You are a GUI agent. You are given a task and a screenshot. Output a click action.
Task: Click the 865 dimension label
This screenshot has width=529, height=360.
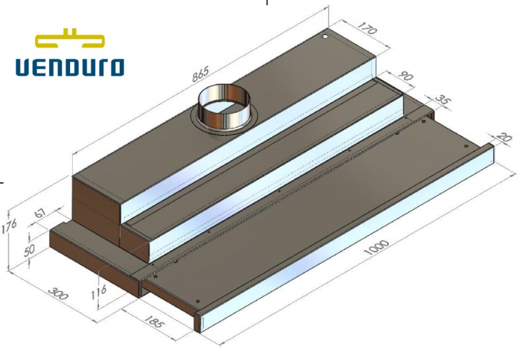click(x=201, y=73)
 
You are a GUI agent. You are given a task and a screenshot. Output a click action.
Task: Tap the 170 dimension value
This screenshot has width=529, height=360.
click(x=366, y=28)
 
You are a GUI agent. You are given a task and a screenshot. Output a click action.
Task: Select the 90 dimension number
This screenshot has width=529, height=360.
click(x=405, y=76)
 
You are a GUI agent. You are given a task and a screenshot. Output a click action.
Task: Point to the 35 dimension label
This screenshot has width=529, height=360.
click(x=442, y=99)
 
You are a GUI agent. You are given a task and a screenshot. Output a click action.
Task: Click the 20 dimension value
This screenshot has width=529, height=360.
click(x=505, y=138)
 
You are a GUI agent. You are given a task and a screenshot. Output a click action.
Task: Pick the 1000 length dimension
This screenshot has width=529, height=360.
click(x=377, y=247)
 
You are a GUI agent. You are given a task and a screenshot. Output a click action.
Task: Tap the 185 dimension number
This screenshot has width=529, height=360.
click(x=154, y=321)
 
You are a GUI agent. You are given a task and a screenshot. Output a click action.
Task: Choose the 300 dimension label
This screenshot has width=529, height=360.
click(x=58, y=293)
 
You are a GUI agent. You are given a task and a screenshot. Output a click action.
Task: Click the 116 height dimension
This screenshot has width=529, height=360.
click(x=99, y=292)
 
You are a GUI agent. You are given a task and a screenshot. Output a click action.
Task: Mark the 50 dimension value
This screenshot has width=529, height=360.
click(x=29, y=250)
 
